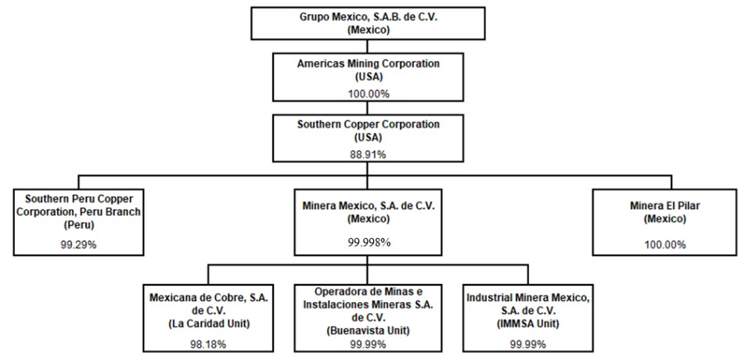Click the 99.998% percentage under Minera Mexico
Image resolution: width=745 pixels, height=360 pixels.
coord(369,243)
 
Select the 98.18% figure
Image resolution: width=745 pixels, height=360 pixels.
coord(209,344)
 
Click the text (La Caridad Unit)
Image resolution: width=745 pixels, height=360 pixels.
coord(209,324)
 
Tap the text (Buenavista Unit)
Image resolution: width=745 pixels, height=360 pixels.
coord(369,330)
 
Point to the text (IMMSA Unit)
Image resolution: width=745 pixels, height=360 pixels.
coord(528,324)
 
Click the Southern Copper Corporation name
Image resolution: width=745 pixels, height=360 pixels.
coord(369,124)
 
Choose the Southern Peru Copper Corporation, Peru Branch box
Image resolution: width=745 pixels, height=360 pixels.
coord(78,222)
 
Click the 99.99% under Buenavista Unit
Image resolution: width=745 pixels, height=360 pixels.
coord(369,344)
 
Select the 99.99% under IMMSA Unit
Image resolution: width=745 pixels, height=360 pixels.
coord(528,344)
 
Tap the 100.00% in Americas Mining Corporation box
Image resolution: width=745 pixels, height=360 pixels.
coord(369,94)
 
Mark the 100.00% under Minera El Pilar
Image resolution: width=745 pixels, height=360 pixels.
coord(665,245)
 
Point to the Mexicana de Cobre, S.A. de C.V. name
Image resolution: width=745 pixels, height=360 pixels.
coord(209,304)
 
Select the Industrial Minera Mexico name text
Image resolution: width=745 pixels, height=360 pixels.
coord(528,304)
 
